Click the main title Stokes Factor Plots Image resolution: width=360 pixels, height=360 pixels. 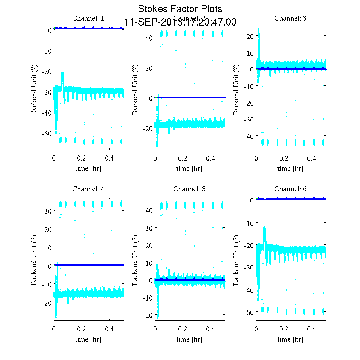180,9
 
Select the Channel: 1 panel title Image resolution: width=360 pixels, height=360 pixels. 88,18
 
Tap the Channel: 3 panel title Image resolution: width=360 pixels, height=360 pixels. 290,18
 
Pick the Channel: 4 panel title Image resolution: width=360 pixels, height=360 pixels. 88,189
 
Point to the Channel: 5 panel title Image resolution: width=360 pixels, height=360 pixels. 189,189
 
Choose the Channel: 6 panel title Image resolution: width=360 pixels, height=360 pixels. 290,189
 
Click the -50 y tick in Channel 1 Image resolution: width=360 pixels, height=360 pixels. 46,133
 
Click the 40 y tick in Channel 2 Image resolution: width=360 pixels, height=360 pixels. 149,38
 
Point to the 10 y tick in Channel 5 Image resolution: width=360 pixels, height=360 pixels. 149,263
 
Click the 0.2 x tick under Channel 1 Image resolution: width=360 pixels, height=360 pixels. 82,158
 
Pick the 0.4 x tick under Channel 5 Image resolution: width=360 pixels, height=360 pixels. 211,329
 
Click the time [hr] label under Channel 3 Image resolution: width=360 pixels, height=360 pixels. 290,169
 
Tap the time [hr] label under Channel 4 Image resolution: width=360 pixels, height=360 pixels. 88,339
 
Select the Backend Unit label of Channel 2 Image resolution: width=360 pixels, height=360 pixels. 135,89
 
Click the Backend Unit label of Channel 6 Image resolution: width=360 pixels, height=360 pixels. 236,260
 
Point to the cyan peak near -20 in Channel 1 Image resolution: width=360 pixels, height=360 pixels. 62,73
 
